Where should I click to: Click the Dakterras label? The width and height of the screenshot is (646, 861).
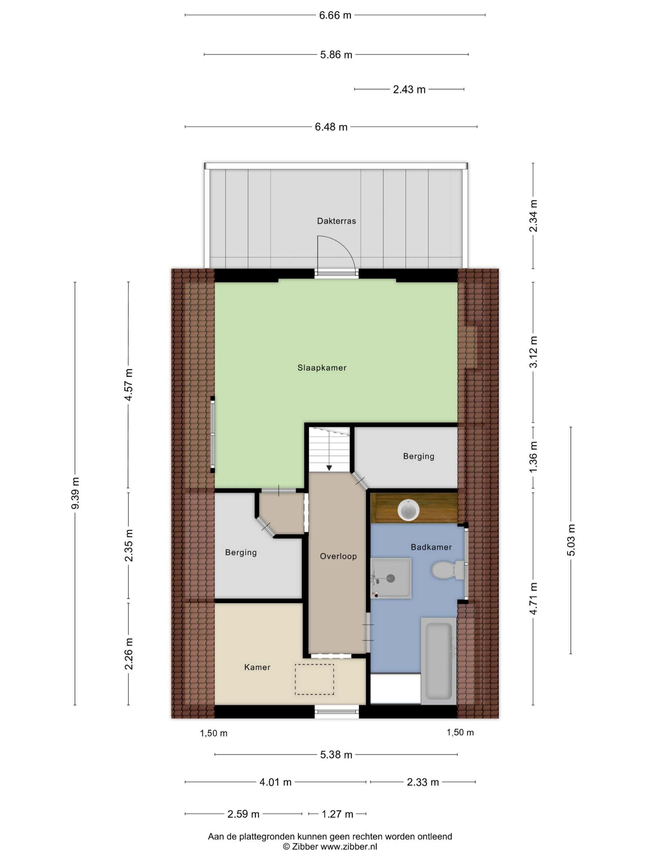click(x=336, y=221)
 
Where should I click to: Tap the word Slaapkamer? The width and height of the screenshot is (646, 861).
click(x=322, y=368)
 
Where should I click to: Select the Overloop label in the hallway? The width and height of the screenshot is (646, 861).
click(x=338, y=557)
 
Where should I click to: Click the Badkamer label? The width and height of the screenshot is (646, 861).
click(x=431, y=547)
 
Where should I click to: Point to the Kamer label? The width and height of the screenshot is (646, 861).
click(x=257, y=668)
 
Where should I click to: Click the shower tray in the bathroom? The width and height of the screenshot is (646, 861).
click(x=391, y=578)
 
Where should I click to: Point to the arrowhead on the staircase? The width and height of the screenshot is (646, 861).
click(x=329, y=468)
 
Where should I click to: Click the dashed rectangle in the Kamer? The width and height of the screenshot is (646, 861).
click(x=314, y=680)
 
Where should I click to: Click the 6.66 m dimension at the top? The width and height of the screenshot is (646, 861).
click(x=335, y=15)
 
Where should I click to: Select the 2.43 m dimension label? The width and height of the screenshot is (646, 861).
click(x=409, y=89)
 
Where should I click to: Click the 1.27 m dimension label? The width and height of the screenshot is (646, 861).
click(x=337, y=814)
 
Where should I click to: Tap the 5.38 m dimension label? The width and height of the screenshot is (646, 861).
click(x=336, y=755)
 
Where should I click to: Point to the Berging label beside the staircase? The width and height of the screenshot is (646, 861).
click(x=419, y=456)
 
